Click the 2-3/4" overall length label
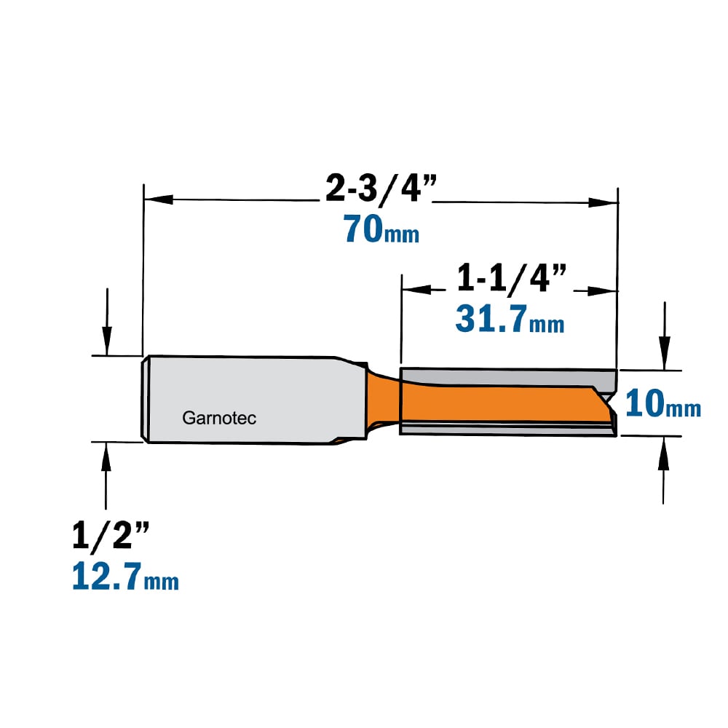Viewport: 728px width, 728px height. tap(381, 189)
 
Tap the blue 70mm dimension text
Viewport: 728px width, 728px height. tap(381, 229)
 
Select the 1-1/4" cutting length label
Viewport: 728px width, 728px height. tap(512, 279)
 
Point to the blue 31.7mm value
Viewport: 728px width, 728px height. tap(510, 319)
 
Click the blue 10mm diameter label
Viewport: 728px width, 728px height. tap(663, 403)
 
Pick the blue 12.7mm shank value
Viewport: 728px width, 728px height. tap(125, 576)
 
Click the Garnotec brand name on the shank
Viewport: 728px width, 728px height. tap(219, 418)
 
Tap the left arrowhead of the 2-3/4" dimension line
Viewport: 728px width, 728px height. tap(159, 199)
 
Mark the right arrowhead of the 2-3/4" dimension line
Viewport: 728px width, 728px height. tap(603, 202)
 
